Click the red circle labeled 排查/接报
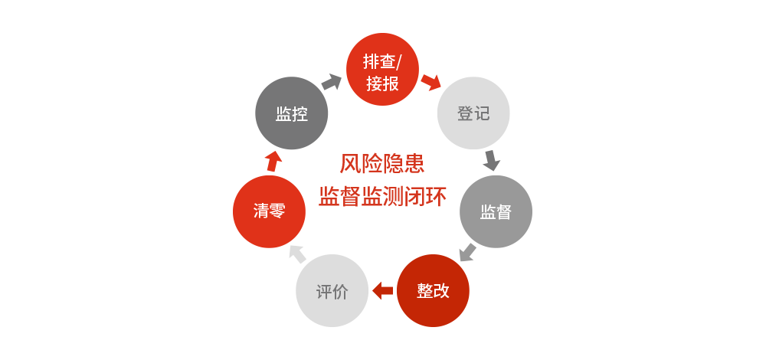click(x=382, y=70)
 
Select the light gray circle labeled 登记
click(x=473, y=113)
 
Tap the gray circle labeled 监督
click(x=496, y=211)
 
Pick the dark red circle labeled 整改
click(x=433, y=291)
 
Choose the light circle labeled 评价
click(x=332, y=291)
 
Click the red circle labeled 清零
click(x=269, y=211)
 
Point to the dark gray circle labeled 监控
click(x=292, y=113)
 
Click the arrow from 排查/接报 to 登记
click(x=431, y=81)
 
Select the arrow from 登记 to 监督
click(x=492, y=160)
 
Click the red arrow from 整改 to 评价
click(x=382, y=290)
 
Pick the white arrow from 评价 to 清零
click(x=297, y=253)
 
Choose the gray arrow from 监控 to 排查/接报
click(x=332, y=82)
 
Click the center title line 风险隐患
click(x=381, y=164)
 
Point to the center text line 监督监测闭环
click(x=381, y=197)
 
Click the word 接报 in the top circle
click(x=382, y=83)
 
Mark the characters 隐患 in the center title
click(x=403, y=164)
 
